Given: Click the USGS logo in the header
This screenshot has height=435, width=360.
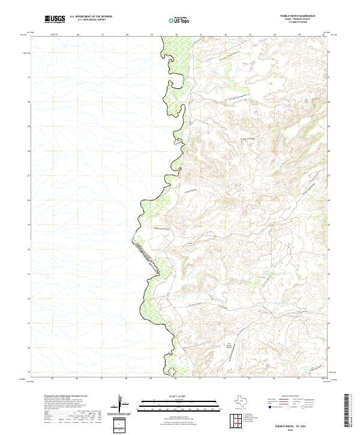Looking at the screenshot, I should [55, 19].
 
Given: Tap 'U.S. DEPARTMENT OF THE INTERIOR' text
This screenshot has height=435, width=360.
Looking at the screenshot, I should [91, 17].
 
